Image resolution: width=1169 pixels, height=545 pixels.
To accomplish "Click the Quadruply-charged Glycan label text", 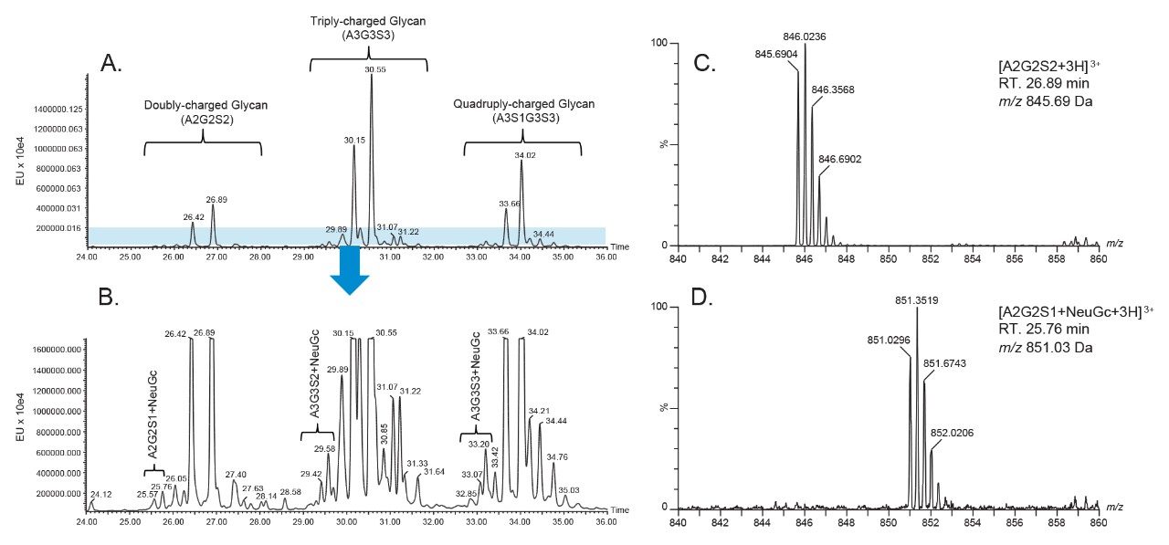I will pyautogui.click(x=523, y=104).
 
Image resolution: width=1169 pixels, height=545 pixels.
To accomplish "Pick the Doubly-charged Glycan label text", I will pyautogui.click(x=205, y=105).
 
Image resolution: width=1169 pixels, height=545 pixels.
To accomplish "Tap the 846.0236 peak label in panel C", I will pyautogui.click(x=804, y=37).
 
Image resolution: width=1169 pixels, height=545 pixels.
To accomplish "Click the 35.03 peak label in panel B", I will pyautogui.click(x=567, y=489).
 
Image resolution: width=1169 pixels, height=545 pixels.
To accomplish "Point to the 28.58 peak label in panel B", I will pyautogui.click(x=290, y=492).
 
